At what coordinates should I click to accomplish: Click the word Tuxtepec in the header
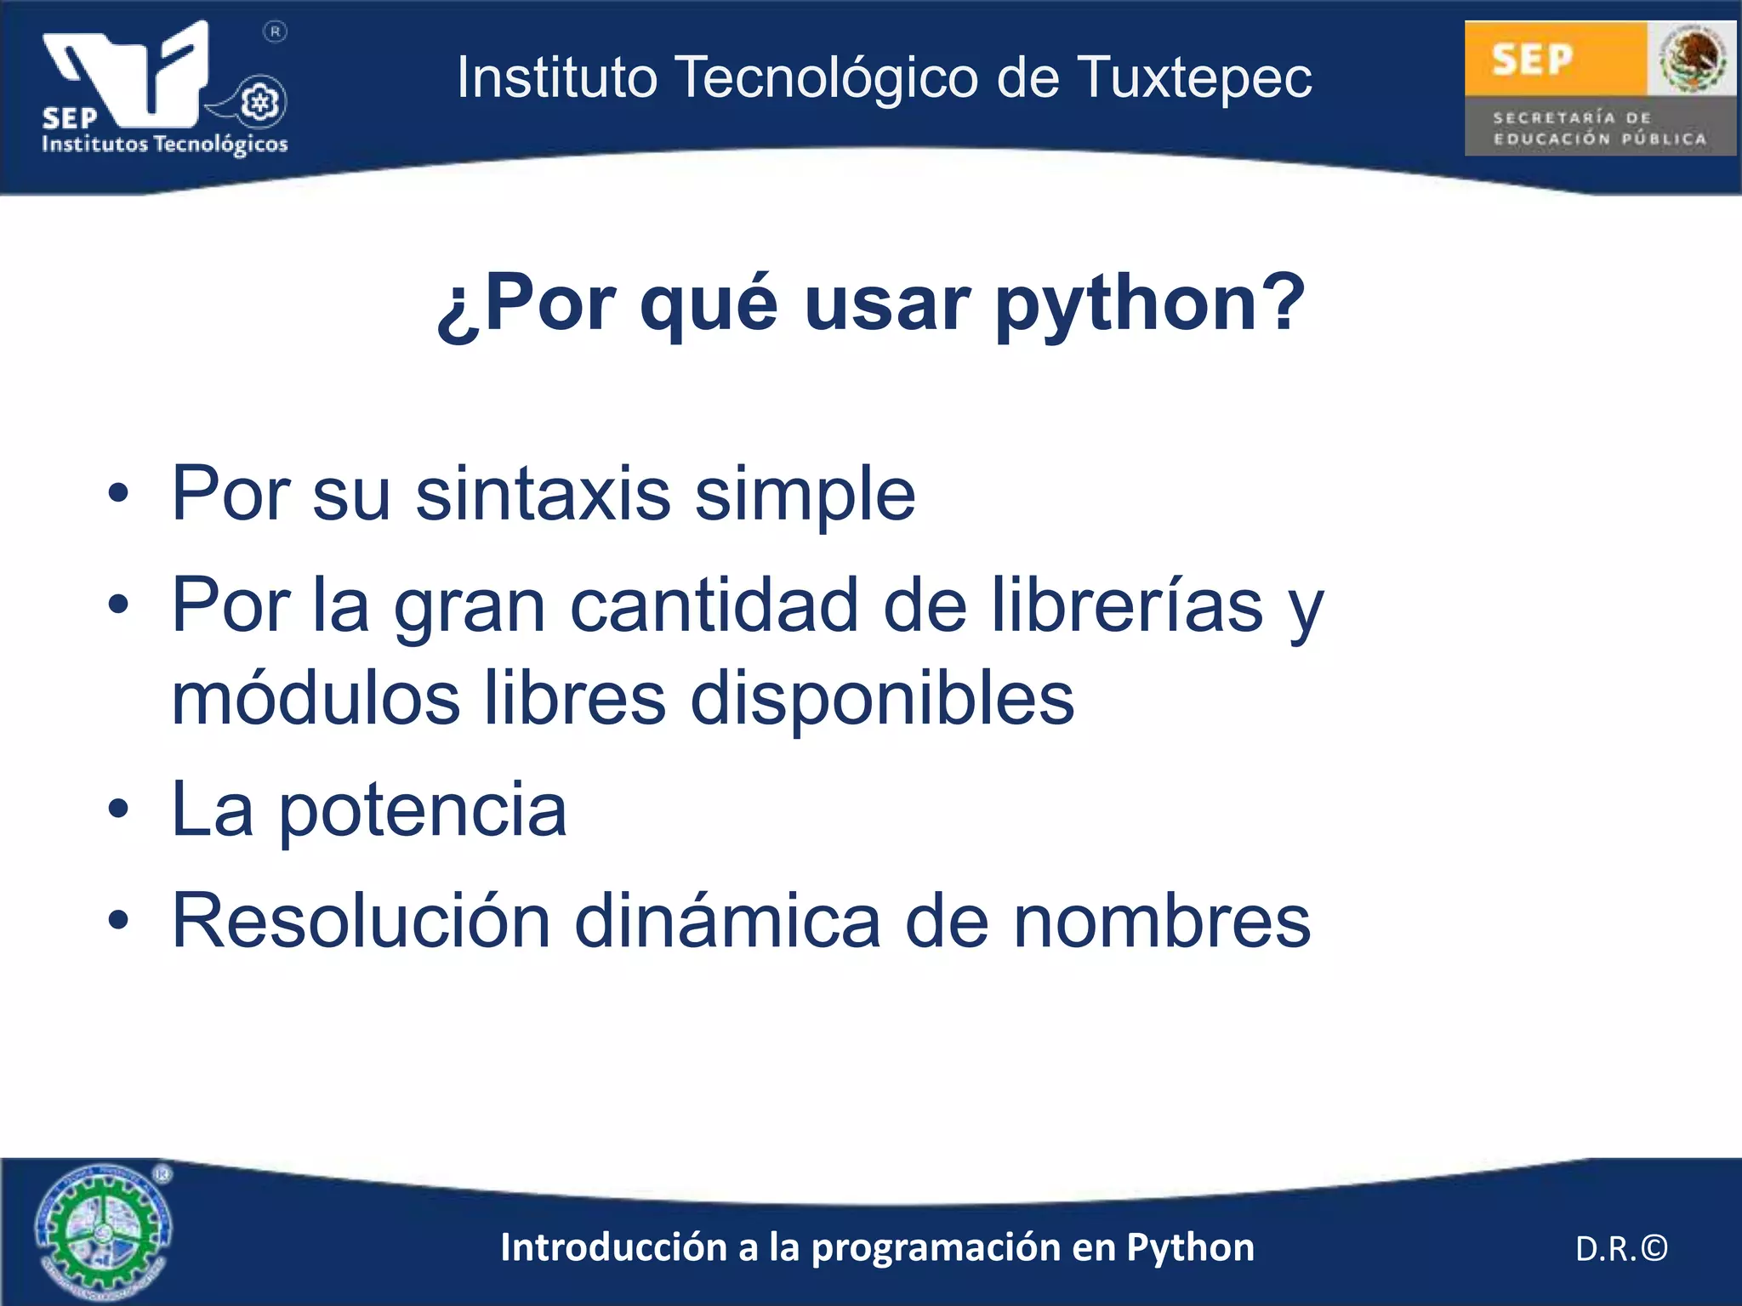pyautogui.click(x=1195, y=78)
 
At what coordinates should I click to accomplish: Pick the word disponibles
pyautogui.click(x=882, y=699)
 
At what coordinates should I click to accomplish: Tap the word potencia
pyautogui.click(x=423, y=809)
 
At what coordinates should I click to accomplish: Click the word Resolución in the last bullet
pyautogui.click(x=361, y=920)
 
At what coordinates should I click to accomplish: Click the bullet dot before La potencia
pyautogui.click(x=118, y=810)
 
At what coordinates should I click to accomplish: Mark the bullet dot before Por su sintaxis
pyautogui.click(x=118, y=494)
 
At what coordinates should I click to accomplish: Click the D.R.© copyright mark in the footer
pyautogui.click(x=1621, y=1248)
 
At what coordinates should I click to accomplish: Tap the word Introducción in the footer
pyautogui.click(x=613, y=1247)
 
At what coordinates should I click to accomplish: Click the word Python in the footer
pyautogui.click(x=1190, y=1247)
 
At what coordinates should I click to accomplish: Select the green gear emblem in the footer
pyautogui.click(x=102, y=1231)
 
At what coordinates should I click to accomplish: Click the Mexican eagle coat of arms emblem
pyautogui.click(x=1692, y=59)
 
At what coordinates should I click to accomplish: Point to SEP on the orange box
pyautogui.click(x=1533, y=60)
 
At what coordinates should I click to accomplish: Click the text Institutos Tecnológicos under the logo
pyautogui.click(x=165, y=144)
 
